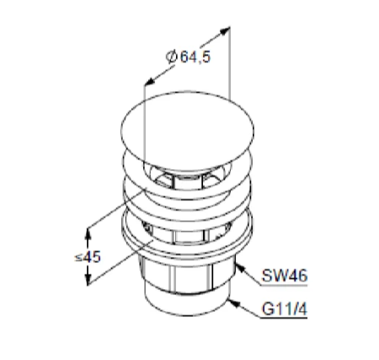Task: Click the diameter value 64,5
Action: [195, 57]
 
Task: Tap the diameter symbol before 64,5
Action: [171, 56]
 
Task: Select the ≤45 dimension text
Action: [88, 257]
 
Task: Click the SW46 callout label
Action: [285, 276]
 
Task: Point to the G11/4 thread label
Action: [285, 309]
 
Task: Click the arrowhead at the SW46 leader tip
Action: [240, 268]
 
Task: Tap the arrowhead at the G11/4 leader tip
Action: [234, 303]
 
